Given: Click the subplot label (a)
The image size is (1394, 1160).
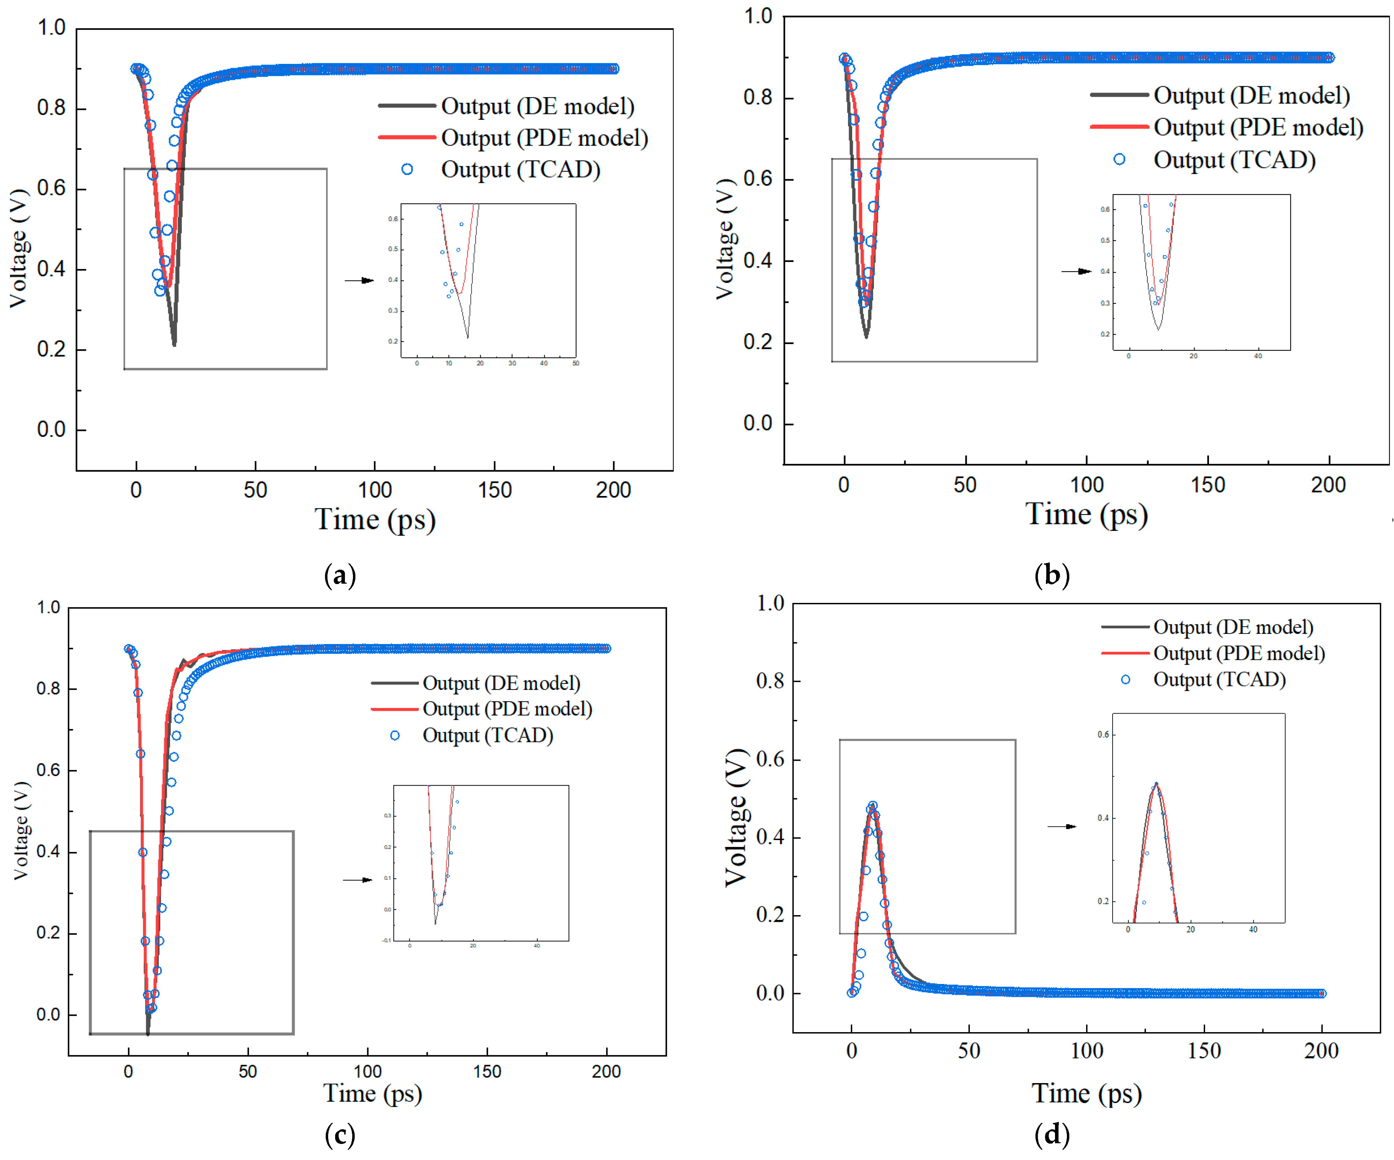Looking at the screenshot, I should (340, 575).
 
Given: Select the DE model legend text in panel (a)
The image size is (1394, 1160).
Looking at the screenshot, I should (538, 106).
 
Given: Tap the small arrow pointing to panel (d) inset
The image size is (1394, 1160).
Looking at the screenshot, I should (1062, 827).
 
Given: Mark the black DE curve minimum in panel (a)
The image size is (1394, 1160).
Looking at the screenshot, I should (174, 344).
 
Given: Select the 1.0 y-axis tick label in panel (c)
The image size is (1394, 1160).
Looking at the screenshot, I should (49, 607).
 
